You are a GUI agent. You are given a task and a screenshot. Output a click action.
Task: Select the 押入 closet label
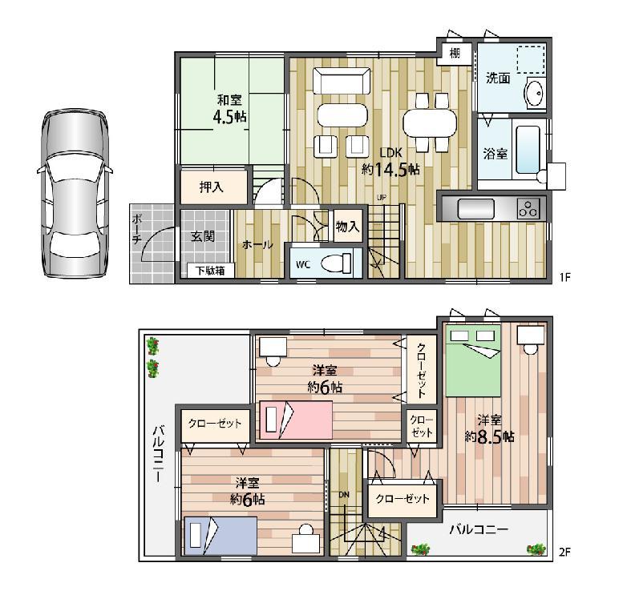(212, 187)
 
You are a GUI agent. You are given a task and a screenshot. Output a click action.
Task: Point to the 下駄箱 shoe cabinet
(210, 271)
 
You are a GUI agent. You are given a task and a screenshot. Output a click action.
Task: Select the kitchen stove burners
(529, 209)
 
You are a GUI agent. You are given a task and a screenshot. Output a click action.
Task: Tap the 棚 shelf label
(455, 54)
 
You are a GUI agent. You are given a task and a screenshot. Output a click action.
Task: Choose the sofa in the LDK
(343, 82)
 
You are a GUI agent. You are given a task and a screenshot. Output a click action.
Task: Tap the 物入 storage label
(346, 227)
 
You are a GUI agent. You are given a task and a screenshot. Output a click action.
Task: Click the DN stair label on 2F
(344, 494)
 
